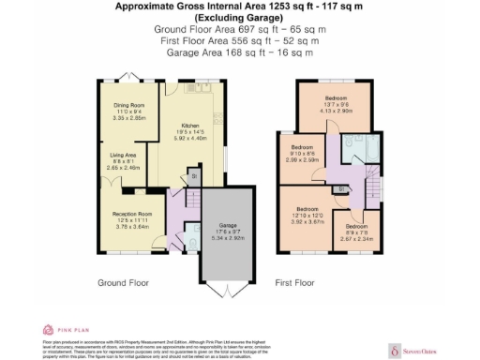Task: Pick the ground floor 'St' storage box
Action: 195,174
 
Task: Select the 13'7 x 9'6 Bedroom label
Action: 336,98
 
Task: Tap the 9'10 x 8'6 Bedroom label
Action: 302,148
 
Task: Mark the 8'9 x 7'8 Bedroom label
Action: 355,228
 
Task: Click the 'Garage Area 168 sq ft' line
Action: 239,52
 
